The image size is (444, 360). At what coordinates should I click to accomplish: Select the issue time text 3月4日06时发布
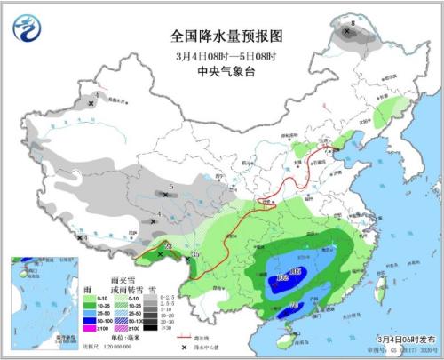403,339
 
